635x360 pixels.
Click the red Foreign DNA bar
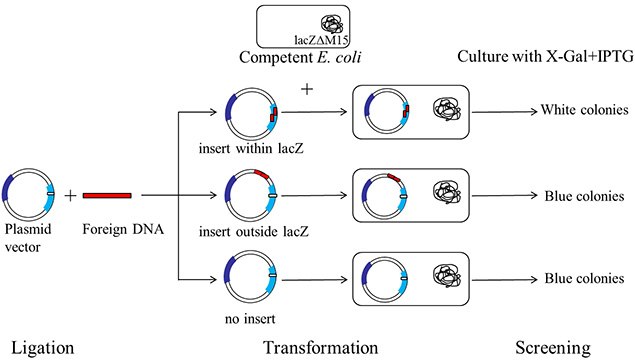point(110,194)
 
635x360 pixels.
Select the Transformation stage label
point(320,347)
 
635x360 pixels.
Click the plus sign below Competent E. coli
point(307,90)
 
